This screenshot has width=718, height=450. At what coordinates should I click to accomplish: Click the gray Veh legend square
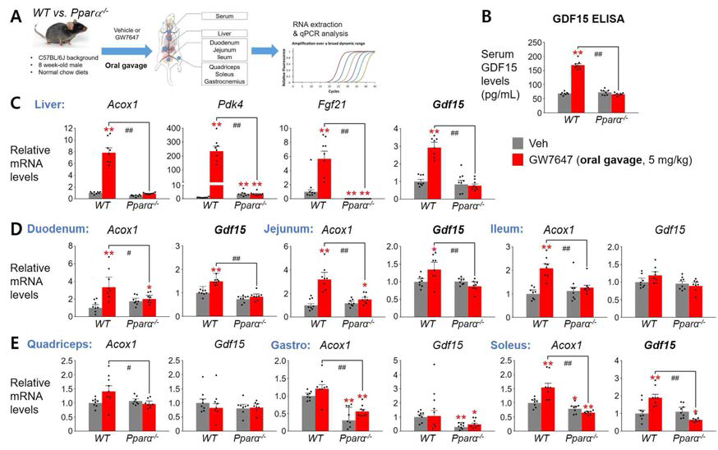518,140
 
